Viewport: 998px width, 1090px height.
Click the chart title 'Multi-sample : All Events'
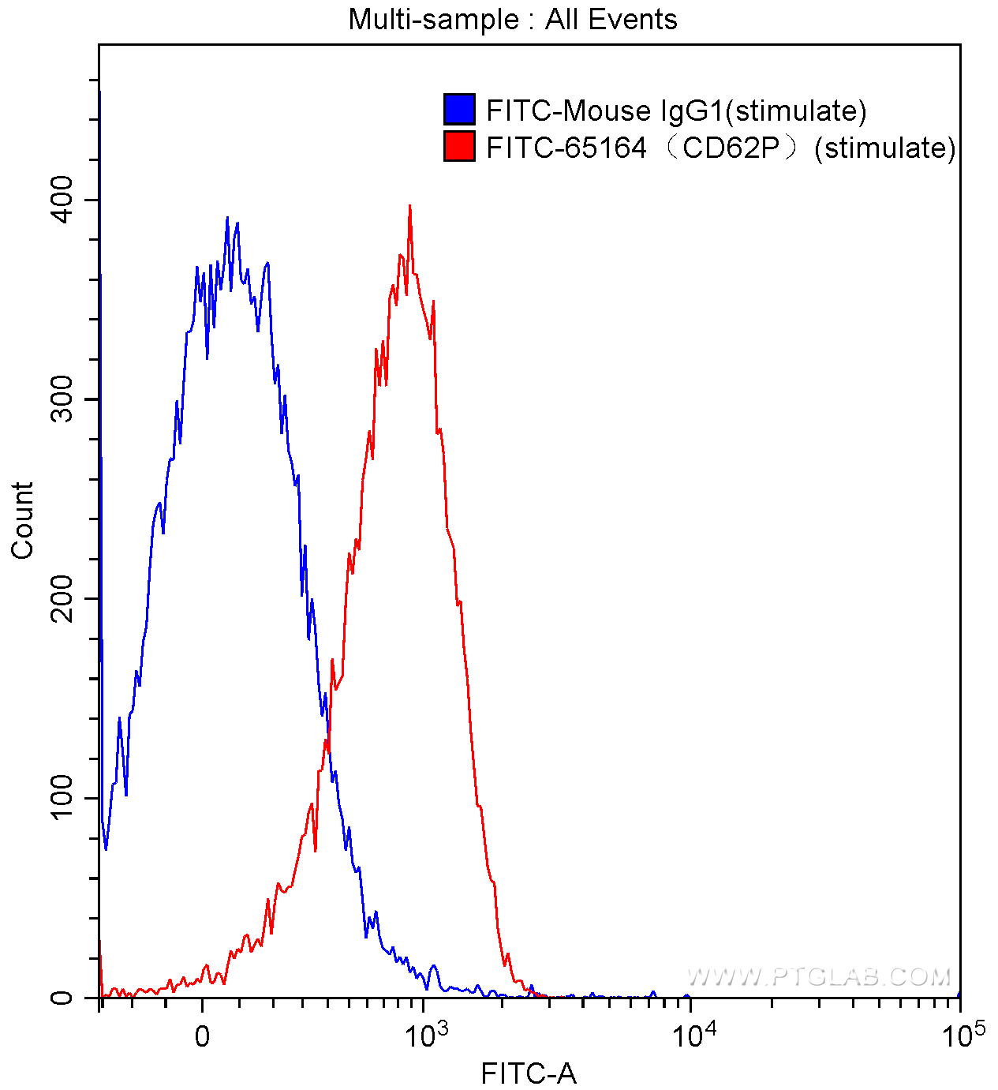(x=513, y=19)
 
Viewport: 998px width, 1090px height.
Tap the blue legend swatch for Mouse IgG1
(x=459, y=110)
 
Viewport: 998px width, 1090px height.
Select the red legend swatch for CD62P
(x=459, y=146)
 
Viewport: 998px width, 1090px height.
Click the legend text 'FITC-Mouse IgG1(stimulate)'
(x=676, y=110)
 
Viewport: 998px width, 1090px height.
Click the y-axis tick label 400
(x=62, y=200)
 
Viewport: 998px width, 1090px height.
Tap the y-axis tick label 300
(x=62, y=399)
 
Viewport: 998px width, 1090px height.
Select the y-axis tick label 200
(x=62, y=599)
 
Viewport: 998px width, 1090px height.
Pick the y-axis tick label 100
(x=62, y=798)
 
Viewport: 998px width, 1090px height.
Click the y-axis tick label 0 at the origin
(x=62, y=998)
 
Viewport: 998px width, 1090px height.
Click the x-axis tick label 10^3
(x=427, y=1033)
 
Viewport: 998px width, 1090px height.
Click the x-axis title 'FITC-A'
(x=529, y=1073)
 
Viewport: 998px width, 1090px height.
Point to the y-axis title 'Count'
(x=22, y=521)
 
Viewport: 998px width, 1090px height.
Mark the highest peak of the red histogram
(x=409, y=206)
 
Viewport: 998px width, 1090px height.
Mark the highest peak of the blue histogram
(x=227, y=218)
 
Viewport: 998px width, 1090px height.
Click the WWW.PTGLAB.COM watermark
(x=819, y=977)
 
